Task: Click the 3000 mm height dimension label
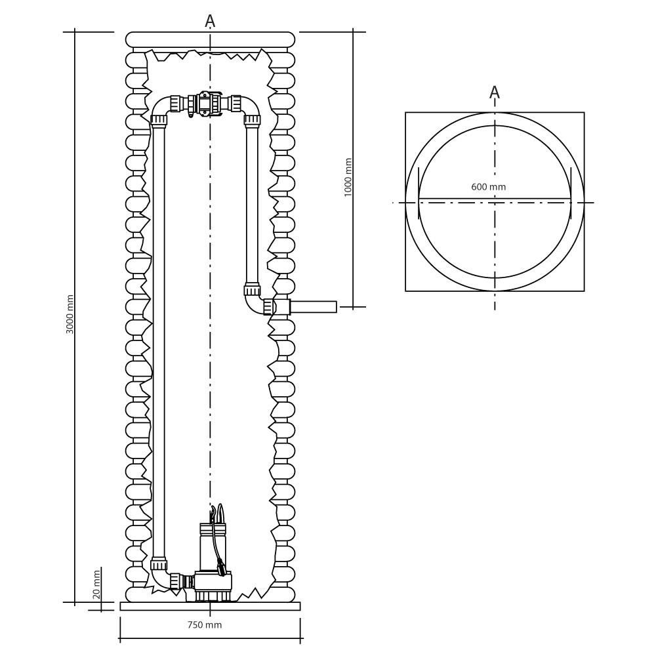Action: tap(70, 314)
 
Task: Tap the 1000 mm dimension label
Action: tap(348, 178)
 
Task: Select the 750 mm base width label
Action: tap(205, 625)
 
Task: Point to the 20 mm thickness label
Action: tap(96, 584)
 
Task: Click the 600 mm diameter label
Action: tap(489, 187)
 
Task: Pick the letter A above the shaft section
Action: tap(210, 22)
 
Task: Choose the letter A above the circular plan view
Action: tap(495, 92)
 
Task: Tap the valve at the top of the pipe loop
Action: tap(205, 104)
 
